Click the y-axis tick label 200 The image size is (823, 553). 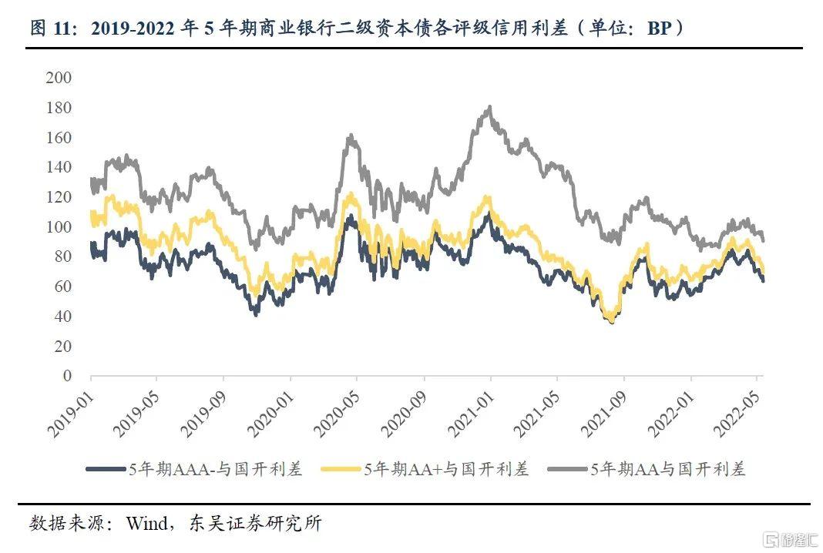(x=59, y=78)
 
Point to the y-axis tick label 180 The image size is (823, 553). (x=59, y=108)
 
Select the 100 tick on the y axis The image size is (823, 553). (x=59, y=227)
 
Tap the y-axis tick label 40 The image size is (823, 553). (x=62, y=317)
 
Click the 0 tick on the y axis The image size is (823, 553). (x=66, y=376)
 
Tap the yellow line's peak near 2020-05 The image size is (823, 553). (x=351, y=195)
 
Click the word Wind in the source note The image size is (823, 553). (x=146, y=524)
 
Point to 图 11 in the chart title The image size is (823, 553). (x=52, y=28)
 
